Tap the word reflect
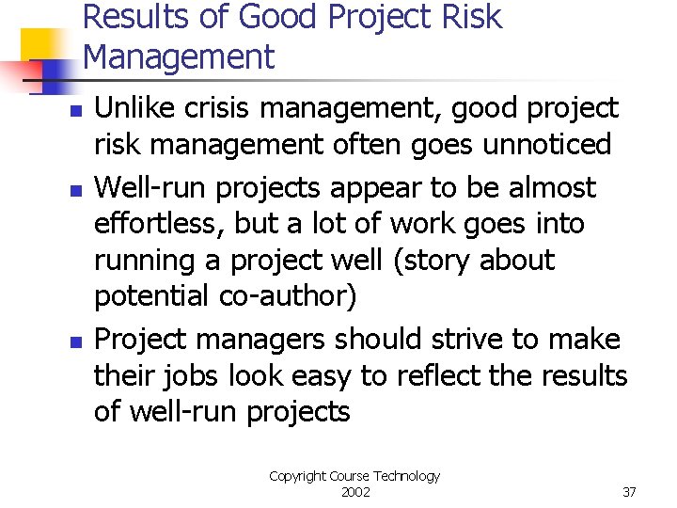tap(439, 376)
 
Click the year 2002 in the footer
tap(354, 492)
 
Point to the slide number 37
tap(629, 492)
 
